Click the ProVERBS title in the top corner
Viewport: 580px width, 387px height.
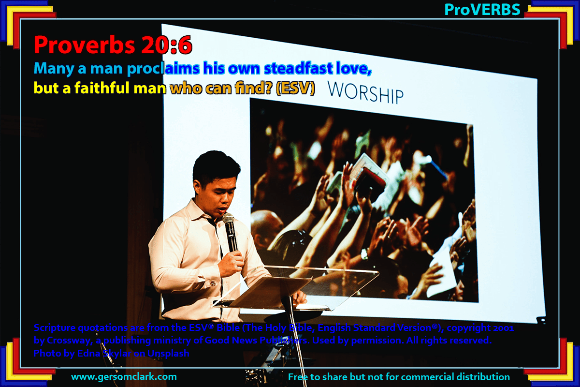point(482,10)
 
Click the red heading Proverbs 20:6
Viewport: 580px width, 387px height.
point(113,45)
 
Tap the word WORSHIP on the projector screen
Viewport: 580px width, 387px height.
point(365,93)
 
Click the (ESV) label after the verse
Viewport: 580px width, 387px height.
point(295,88)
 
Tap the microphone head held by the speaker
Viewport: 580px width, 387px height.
point(228,218)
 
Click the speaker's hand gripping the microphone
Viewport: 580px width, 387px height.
point(231,263)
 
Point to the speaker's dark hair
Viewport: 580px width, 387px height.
point(216,166)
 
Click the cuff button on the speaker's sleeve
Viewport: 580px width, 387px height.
point(213,283)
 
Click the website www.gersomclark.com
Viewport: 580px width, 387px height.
point(124,377)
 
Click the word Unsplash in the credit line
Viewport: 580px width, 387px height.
point(168,353)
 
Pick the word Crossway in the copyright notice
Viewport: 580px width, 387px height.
point(70,341)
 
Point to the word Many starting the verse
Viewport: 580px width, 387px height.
point(54,69)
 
